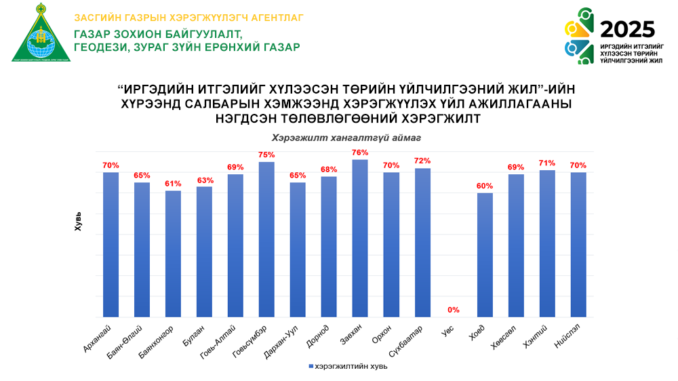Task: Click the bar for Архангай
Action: point(111,244)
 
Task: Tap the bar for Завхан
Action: point(360,237)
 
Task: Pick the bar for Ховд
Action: point(485,254)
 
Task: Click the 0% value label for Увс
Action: point(454,310)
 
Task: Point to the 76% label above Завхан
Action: point(360,153)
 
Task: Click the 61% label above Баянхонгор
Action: point(173,184)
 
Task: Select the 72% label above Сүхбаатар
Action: point(422,161)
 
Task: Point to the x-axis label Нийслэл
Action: point(574,334)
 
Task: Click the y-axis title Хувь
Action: point(77,223)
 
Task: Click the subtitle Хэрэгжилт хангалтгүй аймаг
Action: point(337,138)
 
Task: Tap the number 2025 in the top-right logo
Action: point(628,29)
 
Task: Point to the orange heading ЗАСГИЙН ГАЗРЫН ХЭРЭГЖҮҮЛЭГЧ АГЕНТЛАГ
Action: point(188,17)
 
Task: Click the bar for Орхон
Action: point(391,244)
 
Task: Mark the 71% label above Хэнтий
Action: point(547,163)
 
